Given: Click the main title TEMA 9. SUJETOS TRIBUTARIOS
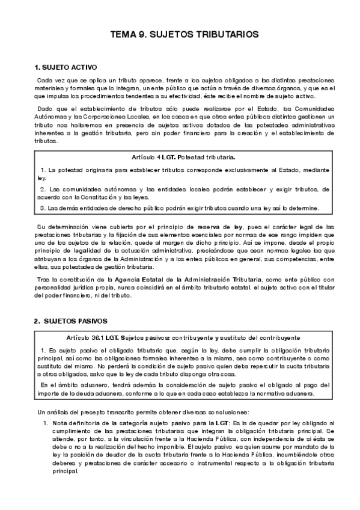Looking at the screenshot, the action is click(181, 35).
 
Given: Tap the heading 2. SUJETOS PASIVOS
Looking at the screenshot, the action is click(71, 322).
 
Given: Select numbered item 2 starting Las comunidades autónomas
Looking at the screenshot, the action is click(183, 192).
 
